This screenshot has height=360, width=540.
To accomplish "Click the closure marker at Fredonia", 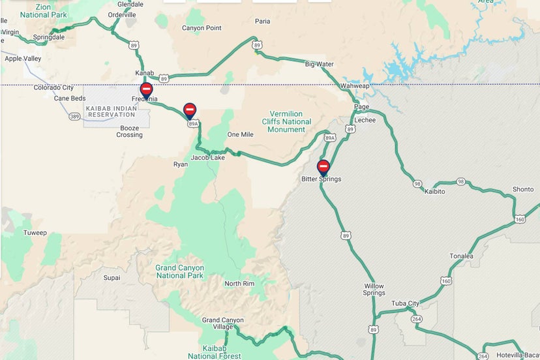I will pyautogui.click(x=147, y=90).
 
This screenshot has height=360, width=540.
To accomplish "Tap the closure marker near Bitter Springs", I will pyautogui.click(x=323, y=166).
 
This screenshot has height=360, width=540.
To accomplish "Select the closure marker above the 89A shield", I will pyautogui.click(x=190, y=110).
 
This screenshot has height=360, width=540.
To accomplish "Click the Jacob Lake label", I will pyautogui.click(x=207, y=157).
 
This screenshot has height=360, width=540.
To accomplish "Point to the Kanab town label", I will pyautogui.click(x=144, y=72).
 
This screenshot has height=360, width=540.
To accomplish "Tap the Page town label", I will pyautogui.click(x=361, y=106).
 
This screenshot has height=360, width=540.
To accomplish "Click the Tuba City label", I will pyautogui.click(x=405, y=303).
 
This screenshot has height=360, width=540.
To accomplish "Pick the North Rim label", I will pyautogui.click(x=239, y=284).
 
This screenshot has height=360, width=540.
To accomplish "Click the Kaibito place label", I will pyautogui.click(x=434, y=192).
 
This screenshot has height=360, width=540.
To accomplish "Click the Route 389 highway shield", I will pyautogui.click(x=74, y=117).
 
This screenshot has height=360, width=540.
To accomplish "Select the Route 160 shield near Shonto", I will pyautogui.click(x=520, y=220).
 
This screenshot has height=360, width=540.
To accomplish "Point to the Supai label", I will pyautogui.click(x=112, y=278).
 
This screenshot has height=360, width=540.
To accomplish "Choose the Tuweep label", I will pyautogui.click(x=35, y=233).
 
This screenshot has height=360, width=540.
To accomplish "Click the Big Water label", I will pyautogui.click(x=319, y=65).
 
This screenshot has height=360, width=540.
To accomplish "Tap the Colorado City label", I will pyautogui.click(x=55, y=87).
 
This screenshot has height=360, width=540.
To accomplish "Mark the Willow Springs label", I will pyautogui.click(x=374, y=290).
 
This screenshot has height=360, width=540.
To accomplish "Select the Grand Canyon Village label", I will pyautogui.click(x=223, y=323).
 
